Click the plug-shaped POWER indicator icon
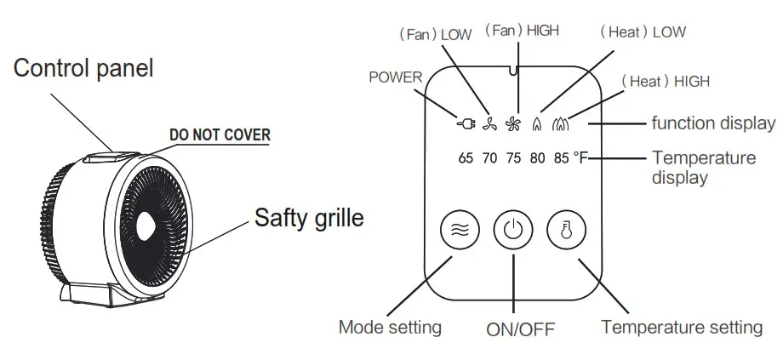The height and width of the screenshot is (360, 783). [x=465, y=124]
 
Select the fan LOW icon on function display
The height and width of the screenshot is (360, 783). [x=489, y=124]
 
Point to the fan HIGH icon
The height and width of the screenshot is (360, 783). [x=513, y=124]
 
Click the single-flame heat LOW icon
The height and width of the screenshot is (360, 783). [x=537, y=124]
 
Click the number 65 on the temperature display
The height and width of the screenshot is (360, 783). [x=466, y=157]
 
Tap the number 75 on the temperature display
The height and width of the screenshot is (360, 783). [x=513, y=157]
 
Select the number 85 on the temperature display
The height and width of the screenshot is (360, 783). [x=561, y=157]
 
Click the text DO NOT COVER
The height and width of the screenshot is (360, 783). [x=220, y=135]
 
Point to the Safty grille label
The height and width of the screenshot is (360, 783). [x=309, y=218]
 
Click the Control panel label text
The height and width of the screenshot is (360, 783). [x=83, y=68]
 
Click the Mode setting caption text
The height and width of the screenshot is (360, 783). [x=390, y=327]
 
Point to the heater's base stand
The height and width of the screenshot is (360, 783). [x=94, y=294]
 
